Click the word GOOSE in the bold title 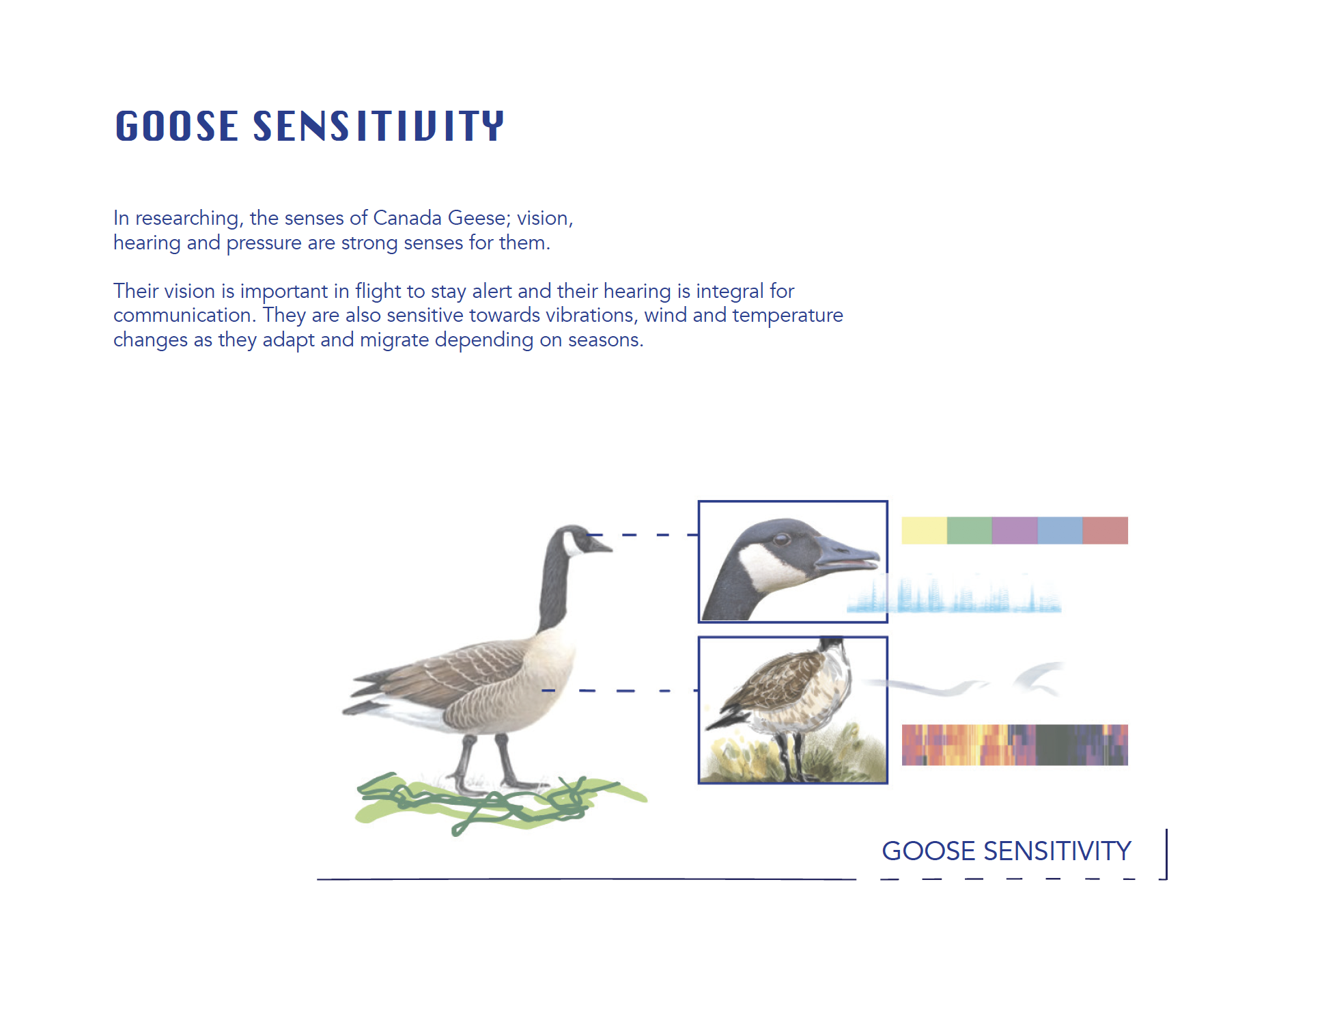point(177,126)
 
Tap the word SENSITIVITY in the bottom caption point(1057,851)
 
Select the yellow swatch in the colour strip point(924,530)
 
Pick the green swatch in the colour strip point(970,530)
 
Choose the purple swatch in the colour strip point(1015,530)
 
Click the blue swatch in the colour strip point(1060,530)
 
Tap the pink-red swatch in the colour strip point(1106,530)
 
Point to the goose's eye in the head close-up point(781,539)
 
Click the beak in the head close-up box point(847,553)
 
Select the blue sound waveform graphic point(954,594)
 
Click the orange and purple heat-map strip point(1015,745)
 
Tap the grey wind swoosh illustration point(963,680)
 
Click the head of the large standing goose point(580,540)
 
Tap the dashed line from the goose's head point(642,534)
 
